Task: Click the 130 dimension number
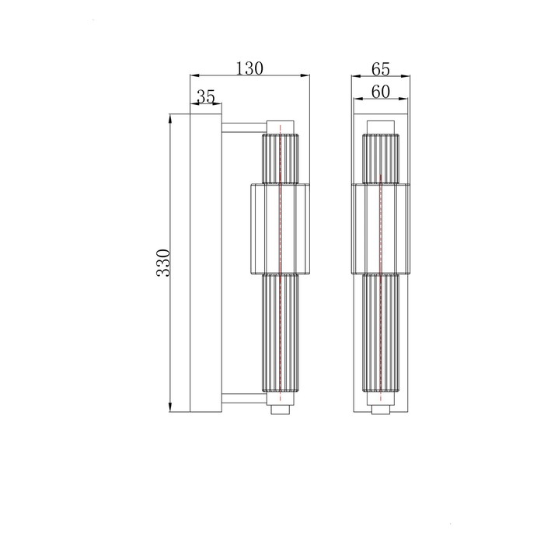point(249,68)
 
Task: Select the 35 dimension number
point(206,97)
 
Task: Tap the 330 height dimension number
point(163,263)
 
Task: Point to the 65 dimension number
point(381,69)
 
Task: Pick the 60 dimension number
point(381,92)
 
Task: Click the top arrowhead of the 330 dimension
point(170,118)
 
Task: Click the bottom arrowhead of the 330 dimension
point(170,407)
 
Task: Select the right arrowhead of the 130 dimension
point(305,75)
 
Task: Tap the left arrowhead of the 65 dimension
point(356,76)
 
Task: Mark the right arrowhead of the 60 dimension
point(403,99)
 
